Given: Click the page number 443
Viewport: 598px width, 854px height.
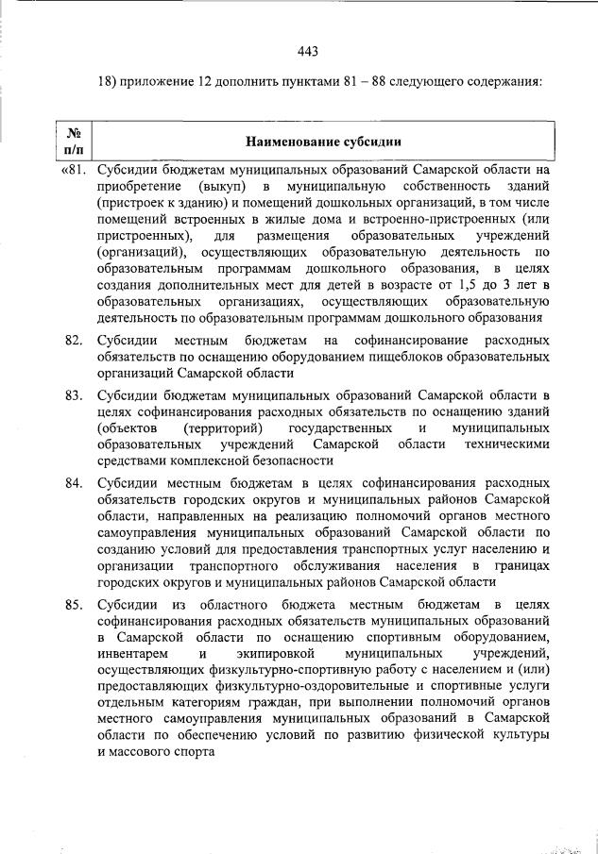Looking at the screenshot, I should [306, 51].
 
